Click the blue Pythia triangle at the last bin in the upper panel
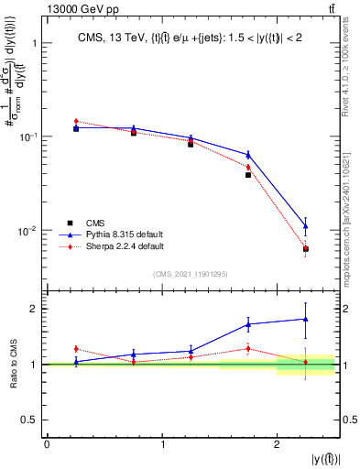tap(306, 225)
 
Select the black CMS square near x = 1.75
tap(248, 174)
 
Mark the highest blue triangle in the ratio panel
tap(306, 319)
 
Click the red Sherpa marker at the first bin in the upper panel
tap(76, 121)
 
